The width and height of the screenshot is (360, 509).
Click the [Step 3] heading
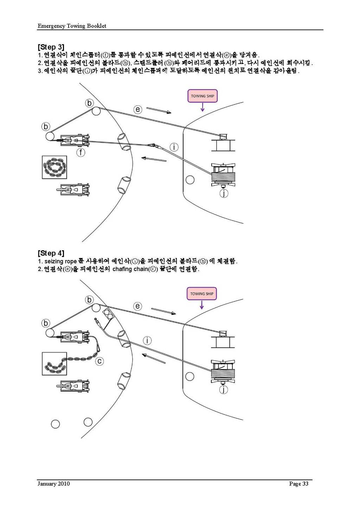51,47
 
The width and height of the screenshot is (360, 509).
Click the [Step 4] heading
51,253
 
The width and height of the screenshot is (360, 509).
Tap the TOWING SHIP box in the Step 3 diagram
202,96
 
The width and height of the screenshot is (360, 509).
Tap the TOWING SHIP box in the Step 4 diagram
201,294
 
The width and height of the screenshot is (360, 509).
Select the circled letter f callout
81,152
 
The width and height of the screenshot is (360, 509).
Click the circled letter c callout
99,361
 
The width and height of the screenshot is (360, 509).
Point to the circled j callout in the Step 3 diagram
224,193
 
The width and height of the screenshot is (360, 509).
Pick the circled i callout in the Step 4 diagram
147,340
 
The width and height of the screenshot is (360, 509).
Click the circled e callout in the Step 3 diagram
138,109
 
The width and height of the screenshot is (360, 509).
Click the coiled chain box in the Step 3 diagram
54,167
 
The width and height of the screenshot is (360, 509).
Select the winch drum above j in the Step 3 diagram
223,175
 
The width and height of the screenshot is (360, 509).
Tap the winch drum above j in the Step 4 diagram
223,371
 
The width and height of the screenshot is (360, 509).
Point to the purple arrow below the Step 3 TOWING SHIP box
202,107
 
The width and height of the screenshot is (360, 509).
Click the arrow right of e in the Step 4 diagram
163,311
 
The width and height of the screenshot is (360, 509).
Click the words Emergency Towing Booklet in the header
72,26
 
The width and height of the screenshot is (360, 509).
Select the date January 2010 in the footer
54,484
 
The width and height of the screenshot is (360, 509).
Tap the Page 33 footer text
298,484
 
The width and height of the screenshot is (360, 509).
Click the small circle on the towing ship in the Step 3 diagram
190,180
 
